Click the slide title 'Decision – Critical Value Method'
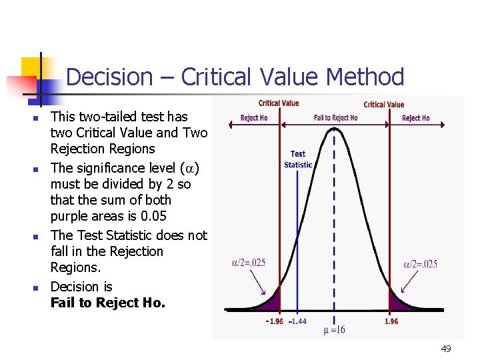[235, 77]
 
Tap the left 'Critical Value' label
[279, 103]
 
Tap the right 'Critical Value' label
[384, 105]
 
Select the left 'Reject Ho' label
[254, 118]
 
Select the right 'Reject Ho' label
[416, 118]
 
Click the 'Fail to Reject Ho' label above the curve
[335, 118]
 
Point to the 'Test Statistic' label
[298, 159]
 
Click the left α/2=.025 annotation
[249, 263]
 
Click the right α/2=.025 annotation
[421, 264]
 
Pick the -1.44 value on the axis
[297, 321]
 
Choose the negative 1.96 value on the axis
[274, 321]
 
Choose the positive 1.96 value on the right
[392, 321]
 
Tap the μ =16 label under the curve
[334, 330]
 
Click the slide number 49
[446, 348]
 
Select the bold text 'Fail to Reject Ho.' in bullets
[107, 303]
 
